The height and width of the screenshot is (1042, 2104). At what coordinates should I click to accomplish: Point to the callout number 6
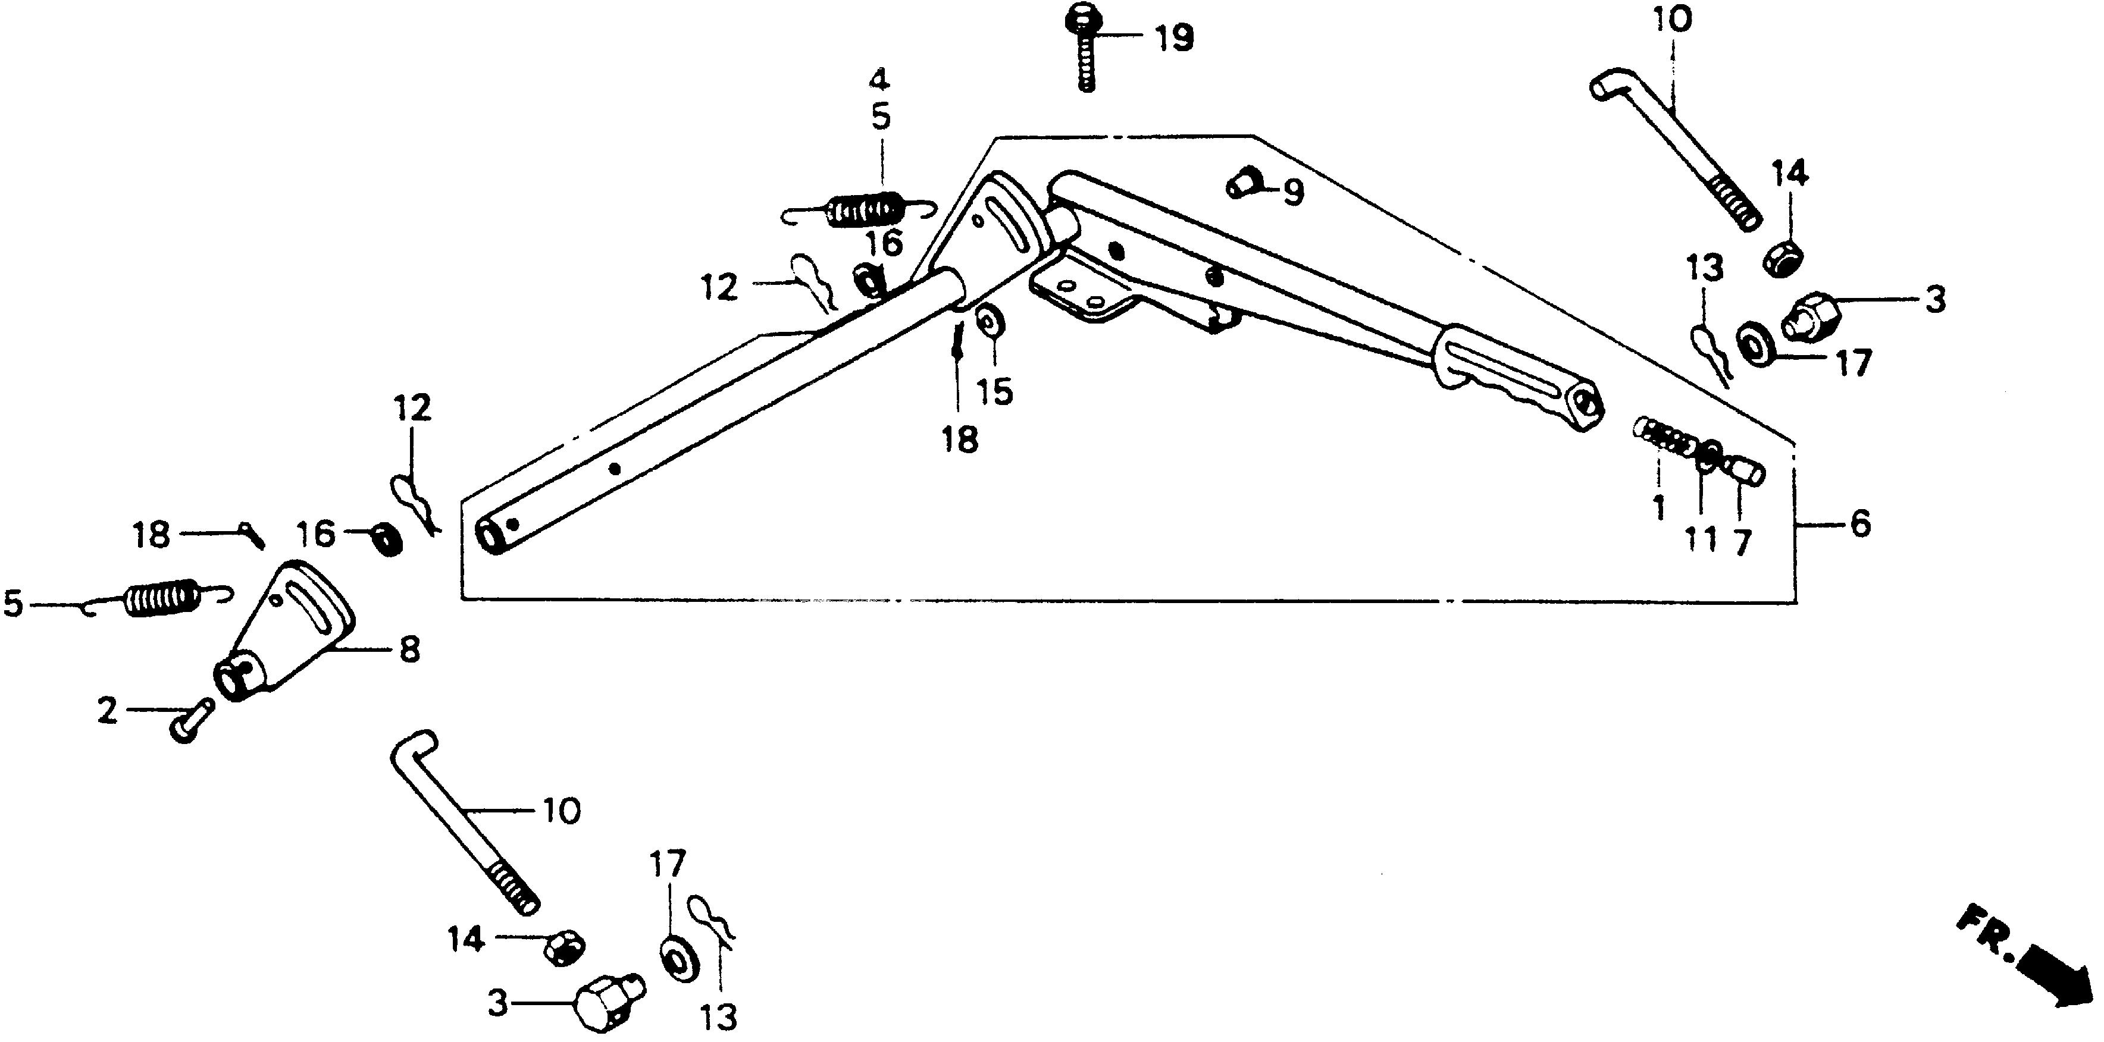[1860, 523]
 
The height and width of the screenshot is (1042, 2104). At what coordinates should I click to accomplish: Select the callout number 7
[1742, 541]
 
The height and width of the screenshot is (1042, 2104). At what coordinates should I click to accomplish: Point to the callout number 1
[1659, 508]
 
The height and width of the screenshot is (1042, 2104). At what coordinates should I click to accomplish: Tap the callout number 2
[108, 711]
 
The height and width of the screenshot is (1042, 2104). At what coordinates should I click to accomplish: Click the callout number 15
[995, 391]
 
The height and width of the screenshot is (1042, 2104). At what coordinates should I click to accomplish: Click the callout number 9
[1293, 193]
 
